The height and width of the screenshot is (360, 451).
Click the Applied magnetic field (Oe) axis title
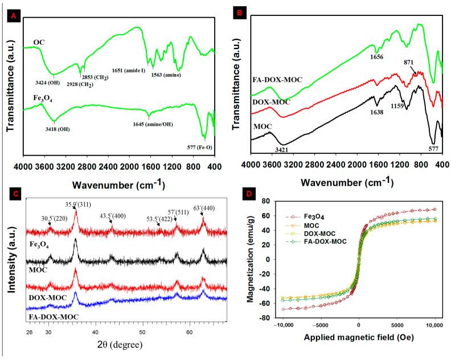click(353, 338)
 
